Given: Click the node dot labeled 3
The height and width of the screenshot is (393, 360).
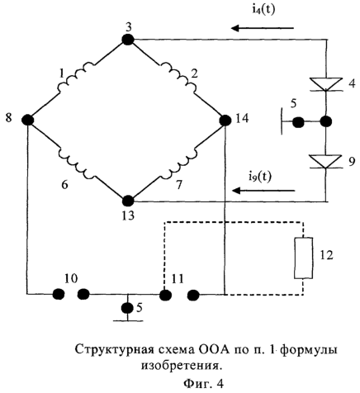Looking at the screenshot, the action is tap(128, 40).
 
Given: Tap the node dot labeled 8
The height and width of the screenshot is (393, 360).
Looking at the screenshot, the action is tap(28, 120).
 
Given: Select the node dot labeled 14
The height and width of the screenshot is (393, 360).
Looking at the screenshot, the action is tap(225, 121).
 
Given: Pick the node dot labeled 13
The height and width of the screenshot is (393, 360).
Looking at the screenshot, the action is tap(128, 201).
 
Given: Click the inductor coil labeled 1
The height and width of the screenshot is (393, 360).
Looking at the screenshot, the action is tap(77, 78).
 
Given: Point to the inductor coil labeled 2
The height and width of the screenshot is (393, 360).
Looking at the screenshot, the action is tap(178, 78).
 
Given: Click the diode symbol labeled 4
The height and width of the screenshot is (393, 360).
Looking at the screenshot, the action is tap(326, 84).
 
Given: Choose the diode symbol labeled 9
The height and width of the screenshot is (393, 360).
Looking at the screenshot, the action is tap(326, 162).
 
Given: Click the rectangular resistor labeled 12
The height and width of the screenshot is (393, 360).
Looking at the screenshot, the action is tap(303, 258).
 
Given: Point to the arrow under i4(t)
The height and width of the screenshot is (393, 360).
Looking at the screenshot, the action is tap(263, 28).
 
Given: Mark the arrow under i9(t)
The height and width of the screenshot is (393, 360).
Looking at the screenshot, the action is tap(263, 190).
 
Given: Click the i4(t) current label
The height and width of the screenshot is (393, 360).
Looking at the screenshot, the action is tap(263, 10).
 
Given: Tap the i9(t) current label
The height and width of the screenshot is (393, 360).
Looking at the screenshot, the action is tap(259, 177).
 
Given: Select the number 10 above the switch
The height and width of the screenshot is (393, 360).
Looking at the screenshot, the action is tap(71, 279).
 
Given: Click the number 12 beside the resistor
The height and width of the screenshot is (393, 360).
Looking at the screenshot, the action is tap(326, 255).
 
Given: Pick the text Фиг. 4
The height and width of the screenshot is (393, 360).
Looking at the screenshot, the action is tap(203, 383).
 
